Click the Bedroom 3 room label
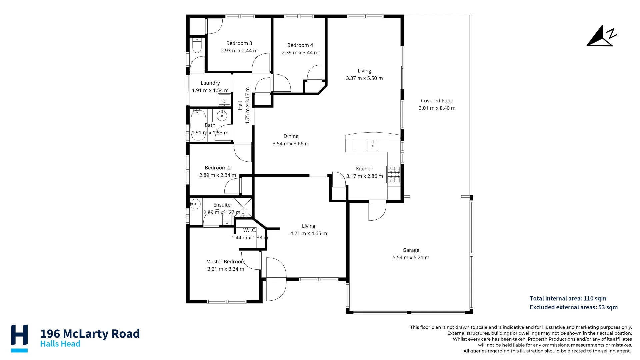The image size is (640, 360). coord(239,43)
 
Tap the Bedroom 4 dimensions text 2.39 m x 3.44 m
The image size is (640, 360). coord(300,53)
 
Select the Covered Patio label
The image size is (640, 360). coord(437,101)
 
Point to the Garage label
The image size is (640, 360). coord(411,250)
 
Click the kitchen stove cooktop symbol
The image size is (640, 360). coord(393,174)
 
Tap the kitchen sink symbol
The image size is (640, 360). coord(372,146)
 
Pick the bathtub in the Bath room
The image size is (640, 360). coord(198,125)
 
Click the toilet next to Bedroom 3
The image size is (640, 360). coord(197,46)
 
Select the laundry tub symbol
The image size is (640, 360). coord(224,99)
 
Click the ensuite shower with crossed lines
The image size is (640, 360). coord(243,207)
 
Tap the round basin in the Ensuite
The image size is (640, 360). coord(195,204)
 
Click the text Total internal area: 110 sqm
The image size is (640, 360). coord(568,298)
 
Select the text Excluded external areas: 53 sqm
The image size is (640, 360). coord(573,307)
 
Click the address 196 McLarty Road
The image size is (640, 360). coord(90,333)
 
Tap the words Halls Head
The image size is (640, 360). coord(60,344)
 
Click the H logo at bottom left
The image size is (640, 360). coord(19,338)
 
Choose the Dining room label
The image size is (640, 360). coord(291,136)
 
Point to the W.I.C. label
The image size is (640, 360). coord(250,230)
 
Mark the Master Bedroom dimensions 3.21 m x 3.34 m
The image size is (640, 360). coord(226,269)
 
